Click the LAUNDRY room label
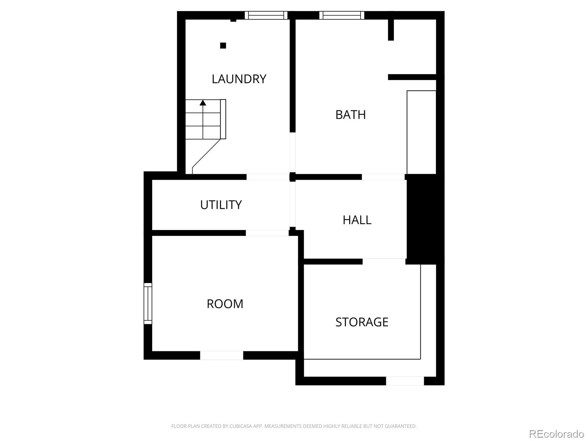pyautogui.click(x=239, y=79)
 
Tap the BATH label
pyautogui.click(x=351, y=115)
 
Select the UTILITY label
pyautogui.click(x=221, y=205)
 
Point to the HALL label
pyautogui.click(x=357, y=220)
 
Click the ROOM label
pyautogui.click(x=225, y=304)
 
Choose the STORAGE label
pyautogui.click(x=362, y=322)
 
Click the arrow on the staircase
pyautogui.click(x=203, y=103)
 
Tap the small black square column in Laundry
pyautogui.click(x=223, y=46)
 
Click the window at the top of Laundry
pyautogui.click(x=266, y=15)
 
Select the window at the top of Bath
pyautogui.click(x=342, y=15)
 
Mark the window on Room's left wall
pyautogui.click(x=148, y=303)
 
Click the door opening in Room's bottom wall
pyautogui.click(x=222, y=355)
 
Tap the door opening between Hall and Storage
pyautogui.click(x=384, y=261)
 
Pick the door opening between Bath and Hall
pyautogui.click(x=383, y=177)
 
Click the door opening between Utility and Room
pyautogui.click(x=267, y=233)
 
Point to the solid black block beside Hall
pyautogui.click(x=425, y=219)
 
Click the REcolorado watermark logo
pyautogui.click(x=556, y=434)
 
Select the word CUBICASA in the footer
pyautogui.click(x=240, y=426)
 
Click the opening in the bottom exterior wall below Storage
pyautogui.click(x=405, y=381)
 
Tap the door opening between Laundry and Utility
pyautogui.click(x=268, y=177)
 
